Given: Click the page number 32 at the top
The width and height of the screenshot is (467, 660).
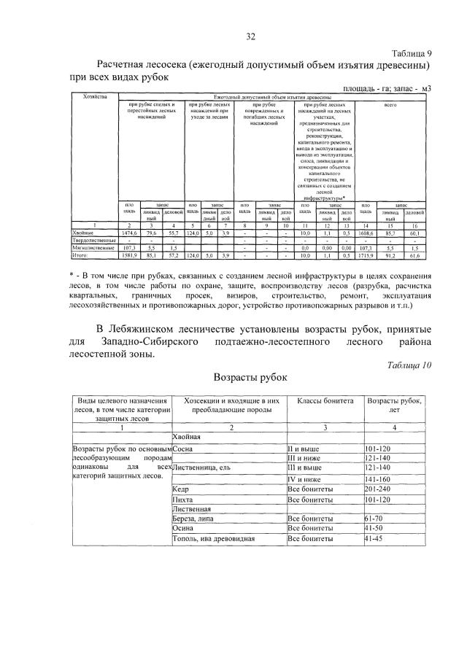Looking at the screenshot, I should pos(250,37).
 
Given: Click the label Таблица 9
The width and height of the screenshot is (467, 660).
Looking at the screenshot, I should pos(412,54).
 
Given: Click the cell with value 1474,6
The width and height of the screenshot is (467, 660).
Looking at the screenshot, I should pos(129,232).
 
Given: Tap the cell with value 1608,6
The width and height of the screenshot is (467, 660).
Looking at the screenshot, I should pos(366,232).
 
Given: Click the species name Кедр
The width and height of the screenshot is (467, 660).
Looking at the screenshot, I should pos(182,488).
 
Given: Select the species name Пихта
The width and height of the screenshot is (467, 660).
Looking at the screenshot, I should pos(182,499).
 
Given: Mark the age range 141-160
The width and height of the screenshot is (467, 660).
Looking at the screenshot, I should pos(379,477).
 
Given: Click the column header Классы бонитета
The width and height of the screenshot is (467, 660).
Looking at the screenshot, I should pos(325,401).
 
